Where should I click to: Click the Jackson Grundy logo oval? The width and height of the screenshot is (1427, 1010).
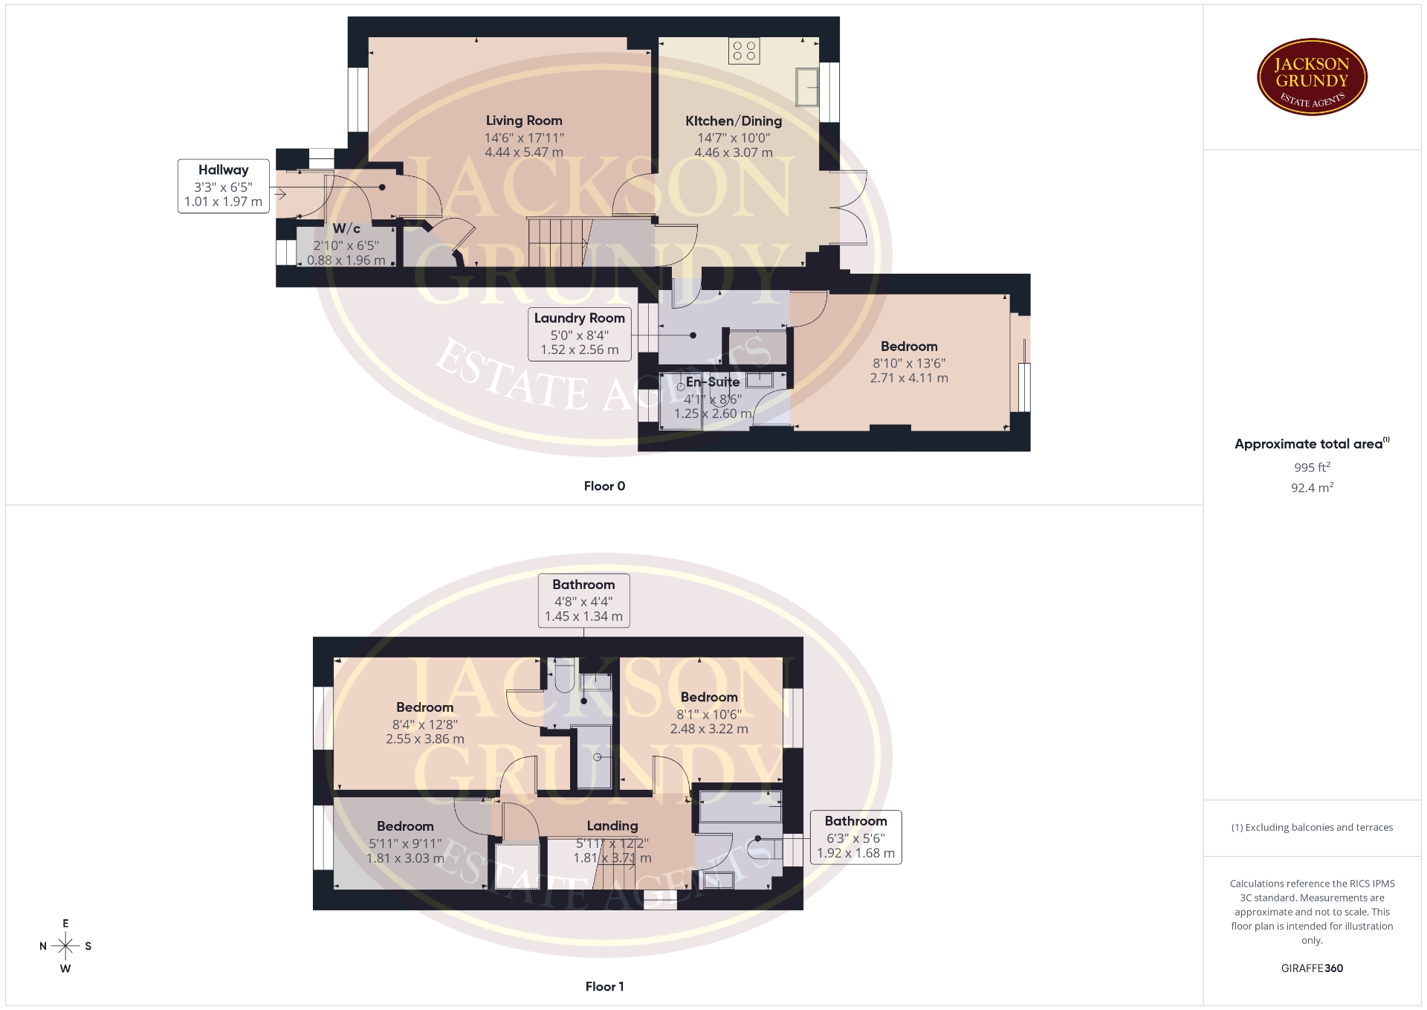1312,77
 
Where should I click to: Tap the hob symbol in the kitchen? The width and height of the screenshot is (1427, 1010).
744,51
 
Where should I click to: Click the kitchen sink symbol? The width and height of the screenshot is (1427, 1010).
807,86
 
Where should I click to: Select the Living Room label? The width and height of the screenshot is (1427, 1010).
524,120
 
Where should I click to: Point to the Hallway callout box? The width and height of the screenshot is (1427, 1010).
224,186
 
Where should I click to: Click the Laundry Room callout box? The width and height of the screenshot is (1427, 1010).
580,334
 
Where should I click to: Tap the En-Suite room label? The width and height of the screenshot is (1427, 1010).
713,382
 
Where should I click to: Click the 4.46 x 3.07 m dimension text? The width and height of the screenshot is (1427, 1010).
734,152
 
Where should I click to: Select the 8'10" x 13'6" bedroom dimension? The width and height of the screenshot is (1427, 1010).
909,363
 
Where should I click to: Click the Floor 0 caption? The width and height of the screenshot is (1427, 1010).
604,486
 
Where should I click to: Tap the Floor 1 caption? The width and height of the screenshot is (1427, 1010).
604,986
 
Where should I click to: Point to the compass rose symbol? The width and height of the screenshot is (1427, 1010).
65,946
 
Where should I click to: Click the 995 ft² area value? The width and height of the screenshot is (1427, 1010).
1312,467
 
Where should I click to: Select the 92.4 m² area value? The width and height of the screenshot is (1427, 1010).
1312,488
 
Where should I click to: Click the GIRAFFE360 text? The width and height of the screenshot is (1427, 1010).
1312,968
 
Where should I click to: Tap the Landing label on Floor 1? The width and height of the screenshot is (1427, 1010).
612,826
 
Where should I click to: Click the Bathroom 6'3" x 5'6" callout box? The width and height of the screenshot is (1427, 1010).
855,837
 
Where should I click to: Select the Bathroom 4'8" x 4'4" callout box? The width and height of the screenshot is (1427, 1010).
583,600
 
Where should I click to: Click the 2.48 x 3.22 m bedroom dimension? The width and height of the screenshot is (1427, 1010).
709,729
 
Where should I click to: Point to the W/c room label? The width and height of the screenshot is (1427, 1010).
346,228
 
